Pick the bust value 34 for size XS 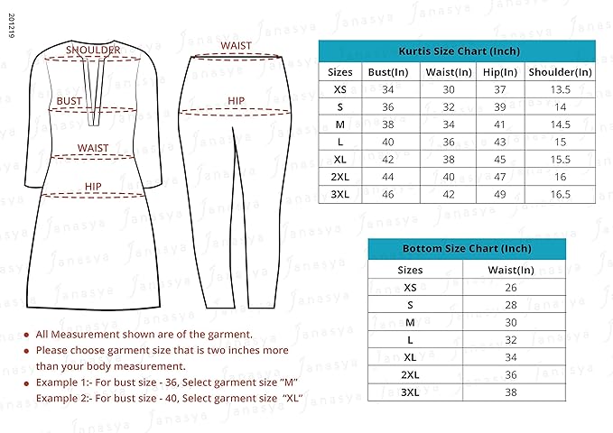pos(388,89)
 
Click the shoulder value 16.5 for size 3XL pos(560,193)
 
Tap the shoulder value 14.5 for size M pos(560,124)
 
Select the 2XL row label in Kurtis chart pos(340,176)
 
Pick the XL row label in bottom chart pos(411,357)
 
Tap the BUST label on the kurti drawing pos(70,101)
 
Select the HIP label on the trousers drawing pos(236,101)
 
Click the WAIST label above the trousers pos(236,45)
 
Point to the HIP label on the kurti pos(93,187)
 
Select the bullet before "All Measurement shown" pos(26,335)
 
